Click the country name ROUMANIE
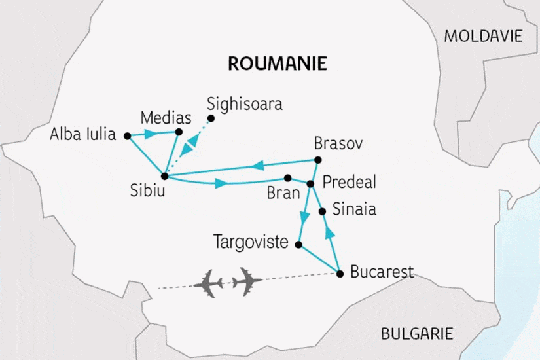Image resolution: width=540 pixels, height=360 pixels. pyautogui.click(x=277, y=63)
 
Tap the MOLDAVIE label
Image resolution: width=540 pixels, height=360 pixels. pyautogui.click(x=483, y=36)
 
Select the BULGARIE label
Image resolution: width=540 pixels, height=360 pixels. pyautogui.click(x=417, y=334)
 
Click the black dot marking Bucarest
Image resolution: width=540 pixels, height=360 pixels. pyautogui.click(x=340, y=274)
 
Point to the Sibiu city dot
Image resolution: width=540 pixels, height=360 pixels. pyautogui.click(x=164, y=175)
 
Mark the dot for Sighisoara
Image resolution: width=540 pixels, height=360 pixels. pyautogui.click(x=211, y=118)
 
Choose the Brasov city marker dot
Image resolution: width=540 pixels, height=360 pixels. pyautogui.click(x=318, y=160)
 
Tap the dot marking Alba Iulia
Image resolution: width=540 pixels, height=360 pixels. pyautogui.click(x=128, y=135)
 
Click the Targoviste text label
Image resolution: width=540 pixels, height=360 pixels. pyautogui.click(x=251, y=243)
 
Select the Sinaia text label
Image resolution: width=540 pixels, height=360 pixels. pyautogui.click(x=354, y=211)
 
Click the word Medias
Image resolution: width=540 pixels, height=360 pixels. pyautogui.click(x=166, y=118)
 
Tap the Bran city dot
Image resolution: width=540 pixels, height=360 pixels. pyautogui.click(x=287, y=177)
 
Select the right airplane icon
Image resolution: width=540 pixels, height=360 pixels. pyautogui.click(x=246, y=281)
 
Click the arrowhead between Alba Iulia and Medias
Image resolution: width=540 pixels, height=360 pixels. pyautogui.click(x=149, y=134)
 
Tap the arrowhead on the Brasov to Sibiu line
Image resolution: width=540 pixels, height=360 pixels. pyautogui.click(x=259, y=165)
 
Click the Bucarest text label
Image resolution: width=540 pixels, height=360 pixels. pyautogui.click(x=382, y=272)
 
